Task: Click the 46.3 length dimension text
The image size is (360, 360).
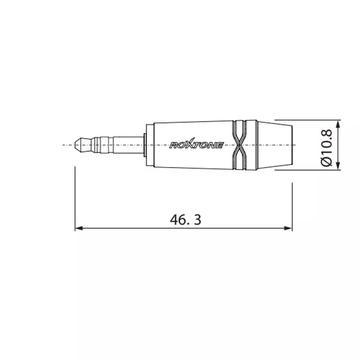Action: point(185,220)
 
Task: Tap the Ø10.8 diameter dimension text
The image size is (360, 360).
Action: point(326,148)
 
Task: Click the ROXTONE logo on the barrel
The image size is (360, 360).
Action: point(196,144)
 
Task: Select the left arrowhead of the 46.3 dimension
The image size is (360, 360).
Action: point(79,228)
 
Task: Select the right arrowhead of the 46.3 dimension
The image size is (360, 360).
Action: point(289,228)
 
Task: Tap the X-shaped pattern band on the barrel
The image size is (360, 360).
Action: point(239,145)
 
